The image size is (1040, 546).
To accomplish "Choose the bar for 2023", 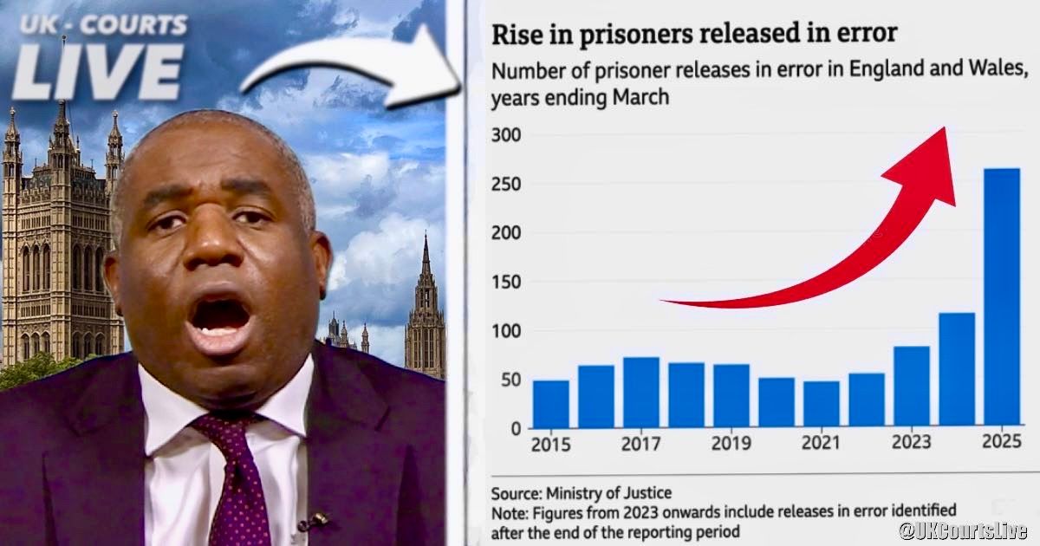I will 912,387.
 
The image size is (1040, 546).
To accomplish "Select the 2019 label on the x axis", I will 731,444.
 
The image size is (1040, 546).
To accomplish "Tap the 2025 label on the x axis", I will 1002,444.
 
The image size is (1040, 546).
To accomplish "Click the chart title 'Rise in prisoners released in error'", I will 694,35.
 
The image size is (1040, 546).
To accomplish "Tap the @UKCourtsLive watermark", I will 961,530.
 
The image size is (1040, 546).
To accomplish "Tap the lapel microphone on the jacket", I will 314,521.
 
